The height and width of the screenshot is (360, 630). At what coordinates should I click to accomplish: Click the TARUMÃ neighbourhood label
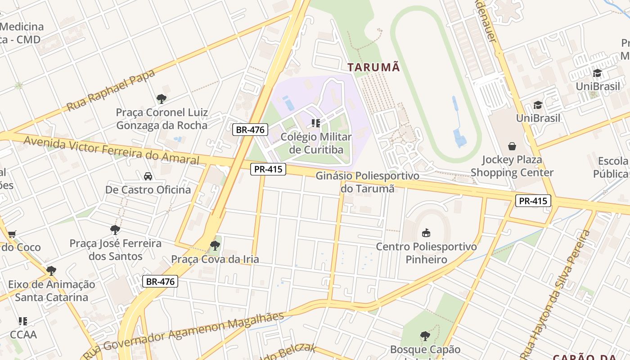point(373,67)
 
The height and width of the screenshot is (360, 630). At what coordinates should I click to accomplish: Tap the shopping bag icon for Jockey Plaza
point(512,146)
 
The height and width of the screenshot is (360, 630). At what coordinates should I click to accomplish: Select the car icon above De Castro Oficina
point(148,176)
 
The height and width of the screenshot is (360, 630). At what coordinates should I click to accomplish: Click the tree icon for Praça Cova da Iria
point(215,246)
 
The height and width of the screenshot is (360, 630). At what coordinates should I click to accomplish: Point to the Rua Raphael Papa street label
point(111,90)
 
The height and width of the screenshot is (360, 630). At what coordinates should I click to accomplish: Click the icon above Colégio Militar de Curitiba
point(316,123)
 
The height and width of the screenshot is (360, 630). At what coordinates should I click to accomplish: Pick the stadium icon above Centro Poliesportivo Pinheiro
point(426,233)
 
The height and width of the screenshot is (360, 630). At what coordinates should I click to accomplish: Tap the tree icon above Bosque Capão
point(425,336)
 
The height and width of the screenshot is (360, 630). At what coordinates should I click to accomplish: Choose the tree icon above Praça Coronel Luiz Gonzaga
point(162,99)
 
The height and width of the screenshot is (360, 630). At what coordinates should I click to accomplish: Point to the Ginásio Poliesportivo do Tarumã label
point(367,182)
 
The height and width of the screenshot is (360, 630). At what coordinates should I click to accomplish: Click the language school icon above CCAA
point(23,321)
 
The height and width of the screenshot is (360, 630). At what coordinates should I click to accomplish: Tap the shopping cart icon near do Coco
point(12,234)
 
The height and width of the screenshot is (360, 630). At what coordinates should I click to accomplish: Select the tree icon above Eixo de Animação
point(51,271)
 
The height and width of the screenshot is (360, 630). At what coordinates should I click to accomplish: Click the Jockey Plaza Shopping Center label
point(512,166)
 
